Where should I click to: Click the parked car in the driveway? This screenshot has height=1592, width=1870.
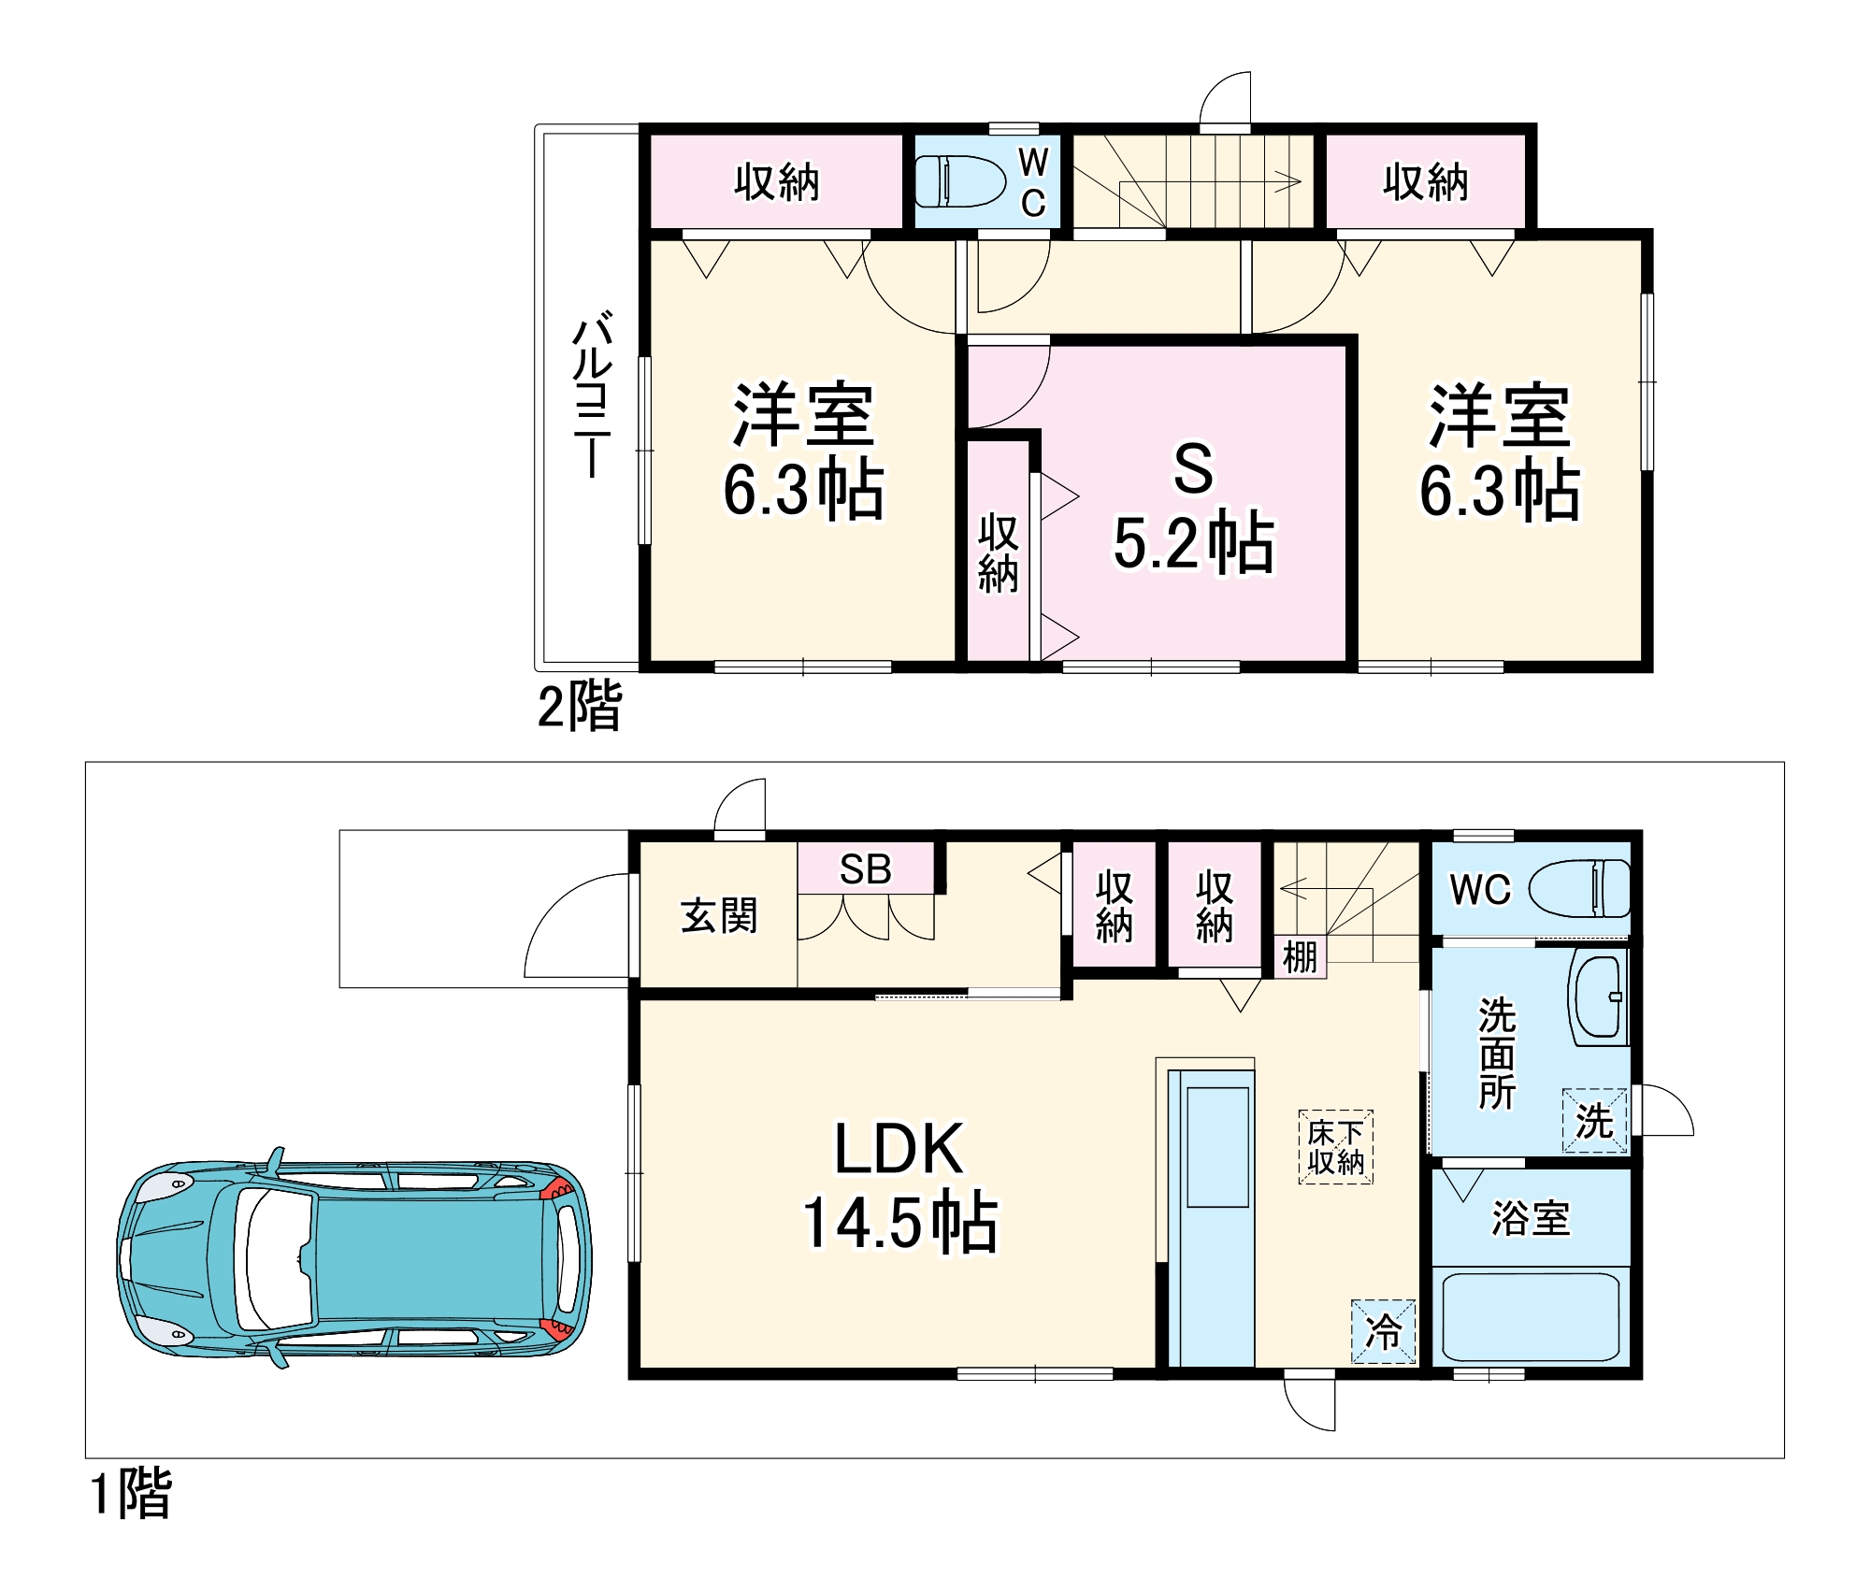point(353,1258)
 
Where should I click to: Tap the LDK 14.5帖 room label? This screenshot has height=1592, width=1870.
point(900,1185)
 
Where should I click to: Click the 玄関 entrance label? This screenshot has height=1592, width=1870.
point(719,915)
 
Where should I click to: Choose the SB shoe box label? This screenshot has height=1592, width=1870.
point(866,869)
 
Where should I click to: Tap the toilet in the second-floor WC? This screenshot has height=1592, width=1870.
point(959,181)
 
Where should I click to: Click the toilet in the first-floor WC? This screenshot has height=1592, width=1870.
point(1579,888)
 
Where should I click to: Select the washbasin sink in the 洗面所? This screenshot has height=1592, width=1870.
point(1599,997)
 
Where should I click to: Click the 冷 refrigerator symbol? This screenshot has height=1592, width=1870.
point(1384,1331)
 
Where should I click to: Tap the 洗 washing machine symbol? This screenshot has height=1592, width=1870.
point(1595,1121)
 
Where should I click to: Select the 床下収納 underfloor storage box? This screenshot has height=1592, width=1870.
point(1336,1147)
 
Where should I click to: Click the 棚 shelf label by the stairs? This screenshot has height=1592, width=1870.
point(1300,957)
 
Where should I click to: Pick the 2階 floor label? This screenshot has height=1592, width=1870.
point(580,705)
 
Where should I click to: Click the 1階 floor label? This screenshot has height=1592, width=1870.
point(131,1492)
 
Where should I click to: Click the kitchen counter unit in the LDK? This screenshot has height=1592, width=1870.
point(1211,1218)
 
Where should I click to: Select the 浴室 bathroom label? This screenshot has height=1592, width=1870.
point(1531,1219)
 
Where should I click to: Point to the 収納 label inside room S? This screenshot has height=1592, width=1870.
point(998,552)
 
